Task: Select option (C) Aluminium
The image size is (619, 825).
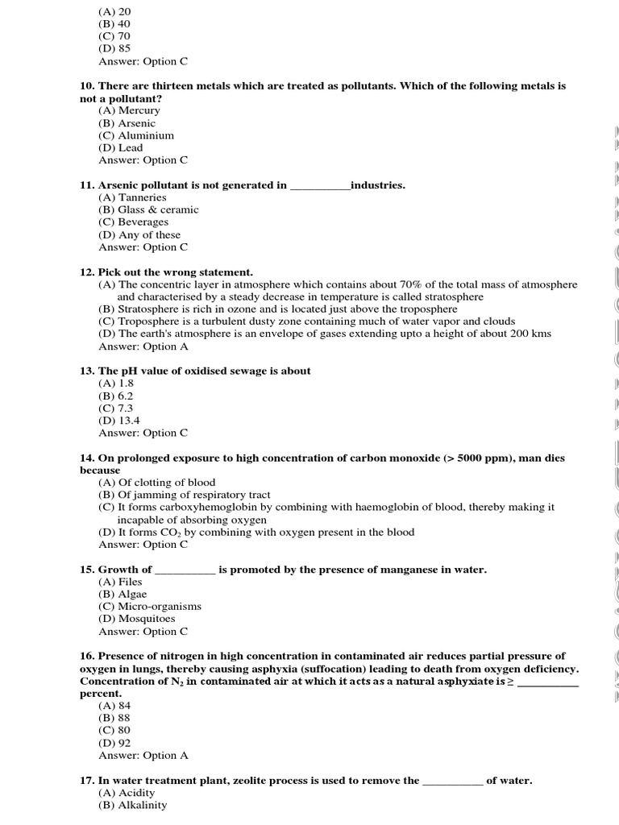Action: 136,135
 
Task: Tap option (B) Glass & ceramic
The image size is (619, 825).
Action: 148,209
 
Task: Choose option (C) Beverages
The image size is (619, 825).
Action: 133,222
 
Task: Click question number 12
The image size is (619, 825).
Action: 87,272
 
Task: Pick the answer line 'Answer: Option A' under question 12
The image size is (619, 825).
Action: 143,346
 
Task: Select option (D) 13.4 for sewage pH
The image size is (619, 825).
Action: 119,421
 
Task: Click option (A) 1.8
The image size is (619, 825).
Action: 116,383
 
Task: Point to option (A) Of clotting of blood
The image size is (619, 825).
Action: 157,483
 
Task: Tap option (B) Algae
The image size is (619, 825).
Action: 123,594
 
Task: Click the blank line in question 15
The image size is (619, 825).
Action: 185,570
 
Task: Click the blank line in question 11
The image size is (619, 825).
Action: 320,186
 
